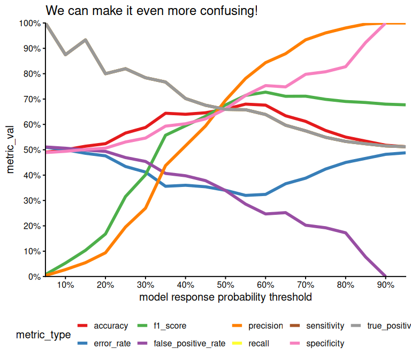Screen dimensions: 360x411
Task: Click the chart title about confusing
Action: click(151, 10)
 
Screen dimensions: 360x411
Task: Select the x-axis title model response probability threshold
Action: click(225, 297)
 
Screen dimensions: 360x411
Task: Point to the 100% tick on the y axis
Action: click(29, 23)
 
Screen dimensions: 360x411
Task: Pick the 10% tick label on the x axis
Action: click(65, 284)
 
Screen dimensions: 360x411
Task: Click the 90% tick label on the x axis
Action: click(386, 284)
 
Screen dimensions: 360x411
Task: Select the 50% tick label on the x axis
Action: click(225, 284)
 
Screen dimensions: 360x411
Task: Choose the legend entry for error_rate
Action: click(112, 343)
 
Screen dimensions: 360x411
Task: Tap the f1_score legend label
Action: click(170, 326)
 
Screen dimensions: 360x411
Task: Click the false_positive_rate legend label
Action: click(189, 343)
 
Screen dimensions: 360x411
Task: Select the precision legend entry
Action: click(265, 326)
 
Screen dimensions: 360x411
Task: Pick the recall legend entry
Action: click(258, 343)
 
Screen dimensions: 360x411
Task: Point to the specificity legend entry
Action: click(325, 343)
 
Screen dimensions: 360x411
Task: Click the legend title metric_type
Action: click(43, 335)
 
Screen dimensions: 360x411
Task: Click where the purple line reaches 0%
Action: click(386, 276)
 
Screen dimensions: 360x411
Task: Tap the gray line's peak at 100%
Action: click(46, 24)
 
